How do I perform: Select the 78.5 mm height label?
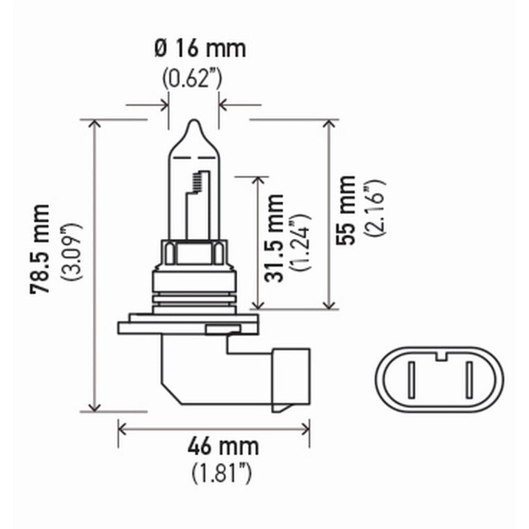click(41, 249)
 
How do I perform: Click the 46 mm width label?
click(223, 447)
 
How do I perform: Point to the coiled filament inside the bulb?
click(197, 182)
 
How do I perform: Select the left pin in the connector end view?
click(411, 380)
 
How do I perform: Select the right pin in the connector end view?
click(468, 380)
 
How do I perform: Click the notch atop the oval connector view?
click(439, 356)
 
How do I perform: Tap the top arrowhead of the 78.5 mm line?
click(94, 123)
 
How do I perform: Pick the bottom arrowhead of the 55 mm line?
click(328, 304)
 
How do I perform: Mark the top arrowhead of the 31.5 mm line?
click(257, 181)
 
